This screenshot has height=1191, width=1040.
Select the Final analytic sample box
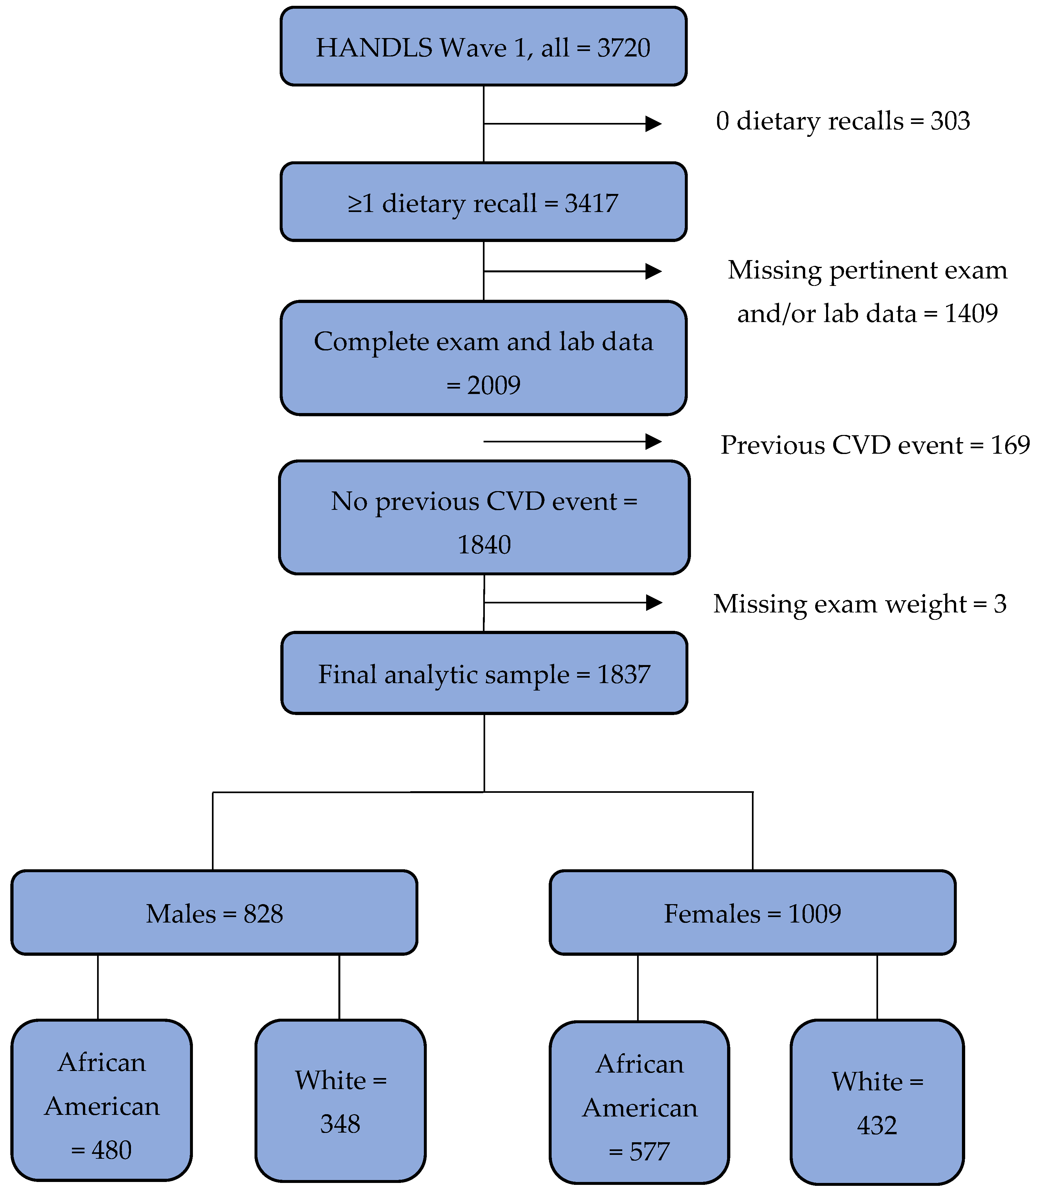[484, 673]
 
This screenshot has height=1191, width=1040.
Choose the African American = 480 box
[102, 1100]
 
